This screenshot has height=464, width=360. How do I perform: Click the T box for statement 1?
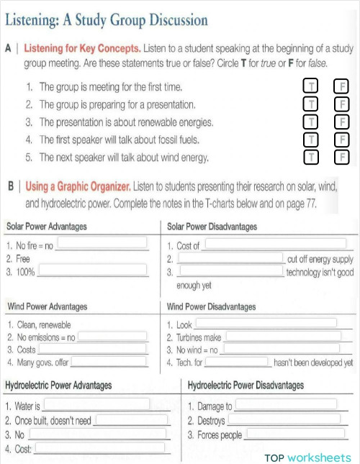tap(312, 87)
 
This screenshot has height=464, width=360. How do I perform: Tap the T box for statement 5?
tap(312, 156)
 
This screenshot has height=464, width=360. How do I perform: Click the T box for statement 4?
tap(312, 139)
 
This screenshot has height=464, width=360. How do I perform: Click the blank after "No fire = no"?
tap(102, 244)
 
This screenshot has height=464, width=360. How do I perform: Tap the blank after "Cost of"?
tap(274, 244)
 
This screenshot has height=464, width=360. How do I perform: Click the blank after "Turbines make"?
tap(282, 336)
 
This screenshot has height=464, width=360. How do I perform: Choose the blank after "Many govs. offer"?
tap(109, 361)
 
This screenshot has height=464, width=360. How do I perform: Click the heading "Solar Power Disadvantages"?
tap(212, 227)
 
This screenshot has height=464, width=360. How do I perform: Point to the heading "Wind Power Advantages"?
tap(47, 306)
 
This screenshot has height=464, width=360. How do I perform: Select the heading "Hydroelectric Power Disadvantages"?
tap(246, 386)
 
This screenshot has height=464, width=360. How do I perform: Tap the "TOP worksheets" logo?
tap(307, 458)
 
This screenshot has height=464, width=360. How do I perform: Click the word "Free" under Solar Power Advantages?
tap(23, 258)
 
